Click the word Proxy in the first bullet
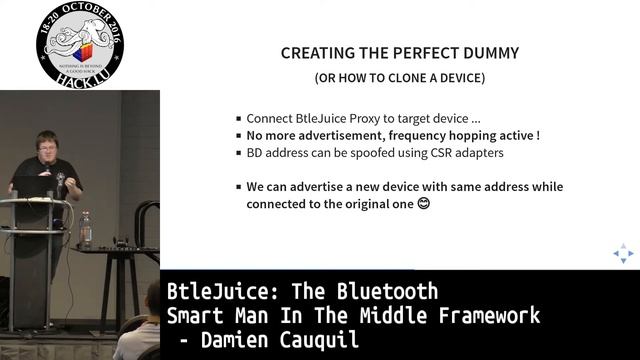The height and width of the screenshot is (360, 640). (x=372, y=116)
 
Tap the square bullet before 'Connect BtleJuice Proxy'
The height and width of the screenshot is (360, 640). (x=238, y=117)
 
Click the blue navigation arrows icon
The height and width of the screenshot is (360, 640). (x=623, y=254)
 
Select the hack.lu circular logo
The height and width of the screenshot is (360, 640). (x=79, y=45)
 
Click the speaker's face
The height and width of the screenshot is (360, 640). (x=47, y=145)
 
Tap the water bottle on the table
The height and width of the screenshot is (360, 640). (x=86, y=229)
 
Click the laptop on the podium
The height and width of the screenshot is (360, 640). (x=32, y=186)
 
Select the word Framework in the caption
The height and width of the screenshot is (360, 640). (x=486, y=316)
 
